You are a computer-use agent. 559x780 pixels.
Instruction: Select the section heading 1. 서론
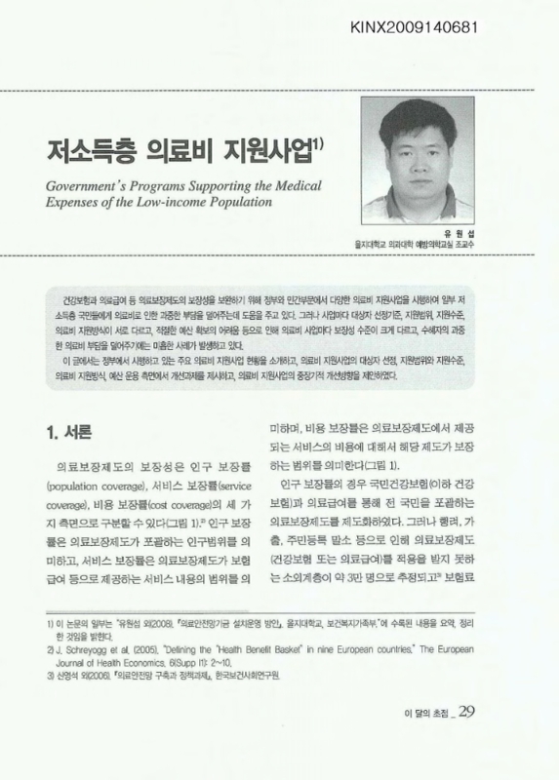(71, 427)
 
